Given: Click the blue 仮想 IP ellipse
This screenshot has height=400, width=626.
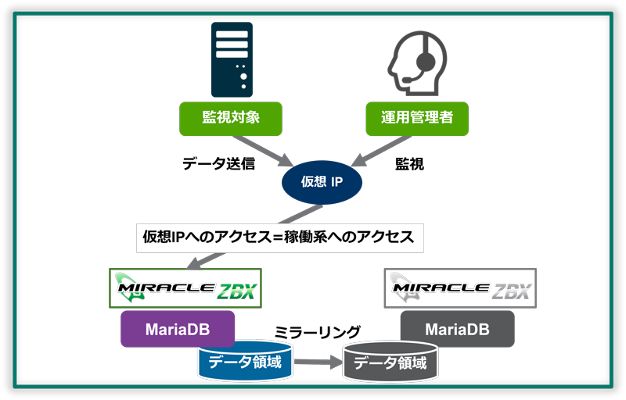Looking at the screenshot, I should coord(322,181).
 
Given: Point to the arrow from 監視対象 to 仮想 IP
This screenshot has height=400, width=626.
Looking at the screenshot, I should coord(257,148).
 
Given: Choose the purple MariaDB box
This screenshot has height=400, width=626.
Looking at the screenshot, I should coord(178,329).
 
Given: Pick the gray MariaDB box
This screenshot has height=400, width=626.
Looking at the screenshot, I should coord(458,329).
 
